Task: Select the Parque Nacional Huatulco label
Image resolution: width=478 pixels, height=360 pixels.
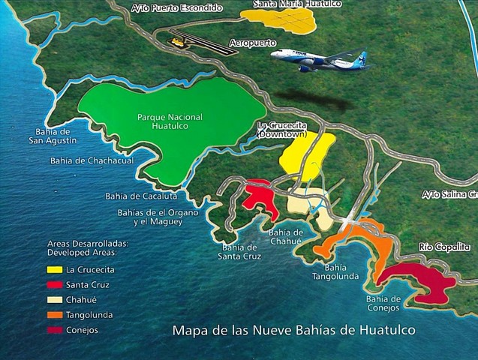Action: click(x=169, y=121)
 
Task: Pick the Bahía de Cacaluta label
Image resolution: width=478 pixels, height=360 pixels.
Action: click(x=141, y=196)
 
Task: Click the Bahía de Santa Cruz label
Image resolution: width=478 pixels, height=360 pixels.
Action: click(x=239, y=251)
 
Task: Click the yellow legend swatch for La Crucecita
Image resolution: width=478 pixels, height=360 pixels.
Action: click(x=54, y=269)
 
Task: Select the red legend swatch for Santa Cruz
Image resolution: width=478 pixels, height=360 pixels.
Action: click(x=54, y=284)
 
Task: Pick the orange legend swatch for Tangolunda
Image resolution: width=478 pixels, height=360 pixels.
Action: click(x=54, y=314)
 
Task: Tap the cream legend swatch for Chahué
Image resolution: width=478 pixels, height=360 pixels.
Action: click(x=54, y=299)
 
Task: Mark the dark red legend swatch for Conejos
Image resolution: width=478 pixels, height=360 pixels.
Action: click(x=54, y=329)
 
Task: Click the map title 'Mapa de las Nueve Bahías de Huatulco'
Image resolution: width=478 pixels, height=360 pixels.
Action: click(x=293, y=329)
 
